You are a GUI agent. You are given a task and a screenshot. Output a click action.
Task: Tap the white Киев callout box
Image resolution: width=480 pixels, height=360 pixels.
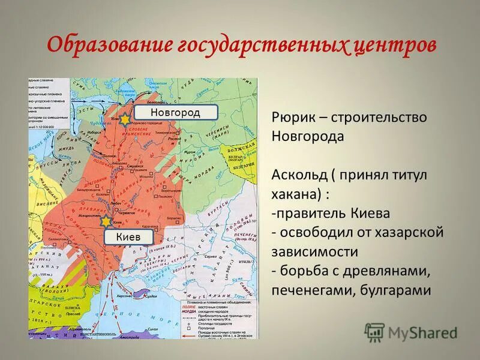click(x=128, y=237)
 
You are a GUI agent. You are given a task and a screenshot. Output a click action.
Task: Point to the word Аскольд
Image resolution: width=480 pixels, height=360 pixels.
click(x=296, y=175)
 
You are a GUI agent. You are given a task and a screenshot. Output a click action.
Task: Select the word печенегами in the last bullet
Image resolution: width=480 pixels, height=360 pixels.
click(x=307, y=290)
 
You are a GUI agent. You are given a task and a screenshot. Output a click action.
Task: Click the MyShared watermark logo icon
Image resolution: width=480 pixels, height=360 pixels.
click(x=374, y=333)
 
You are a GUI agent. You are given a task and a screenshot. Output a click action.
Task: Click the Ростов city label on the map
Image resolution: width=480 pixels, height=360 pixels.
click(x=175, y=138)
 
